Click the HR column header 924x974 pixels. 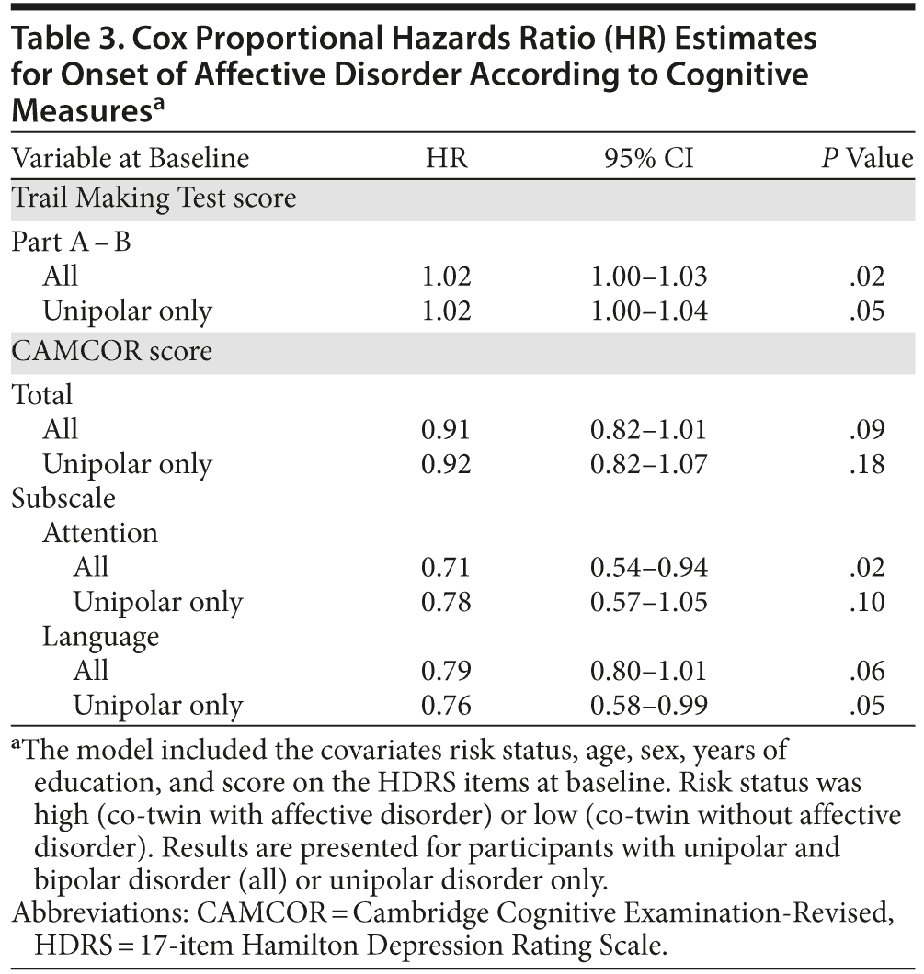(x=447, y=158)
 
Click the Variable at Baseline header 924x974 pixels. (x=130, y=158)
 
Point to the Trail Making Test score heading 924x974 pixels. (x=154, y=198)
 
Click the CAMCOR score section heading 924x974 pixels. (x=111, y=352)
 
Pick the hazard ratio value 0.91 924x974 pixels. (x=446, y=430)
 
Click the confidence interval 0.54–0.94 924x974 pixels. (x=649, y=568)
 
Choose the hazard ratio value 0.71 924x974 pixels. (x=446, y=568)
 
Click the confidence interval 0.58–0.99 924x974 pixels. (x=649, y=706)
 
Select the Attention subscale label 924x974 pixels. (x=99, y=533)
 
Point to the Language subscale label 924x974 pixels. (x=100, y=636)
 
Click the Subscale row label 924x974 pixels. (x=63, y=498)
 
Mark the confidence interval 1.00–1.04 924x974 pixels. (x=649, y=311)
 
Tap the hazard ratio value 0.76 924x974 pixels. (x=446, y=706)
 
